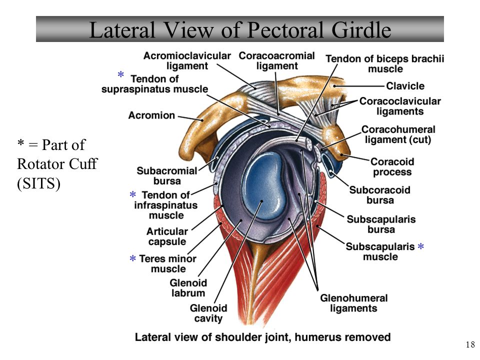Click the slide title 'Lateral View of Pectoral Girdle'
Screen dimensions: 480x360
point(240,29)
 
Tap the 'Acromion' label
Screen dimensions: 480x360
point(151,115)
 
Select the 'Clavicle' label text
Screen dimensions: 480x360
point(405,86)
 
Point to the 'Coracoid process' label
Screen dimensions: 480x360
point(392,167)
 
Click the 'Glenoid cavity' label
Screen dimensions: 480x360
point(208,313)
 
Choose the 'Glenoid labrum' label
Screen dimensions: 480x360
point(188,288)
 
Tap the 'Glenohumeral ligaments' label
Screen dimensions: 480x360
point(354,303)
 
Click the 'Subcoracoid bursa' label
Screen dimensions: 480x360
point(380,195)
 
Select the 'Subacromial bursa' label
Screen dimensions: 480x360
point(167,175)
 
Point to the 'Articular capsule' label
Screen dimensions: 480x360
point(167,236)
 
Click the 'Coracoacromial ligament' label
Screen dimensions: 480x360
point(276,60)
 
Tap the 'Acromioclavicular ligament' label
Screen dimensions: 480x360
point(187,60)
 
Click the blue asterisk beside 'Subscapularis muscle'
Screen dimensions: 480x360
point(421,246)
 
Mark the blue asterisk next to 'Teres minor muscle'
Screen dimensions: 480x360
point(132,258)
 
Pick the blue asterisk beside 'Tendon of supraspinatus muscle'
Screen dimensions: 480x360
point(120,74)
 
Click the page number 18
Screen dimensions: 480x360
point(470,344)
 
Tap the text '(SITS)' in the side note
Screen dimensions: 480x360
point(38,183)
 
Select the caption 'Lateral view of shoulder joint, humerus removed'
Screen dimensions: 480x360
point(262,337)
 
